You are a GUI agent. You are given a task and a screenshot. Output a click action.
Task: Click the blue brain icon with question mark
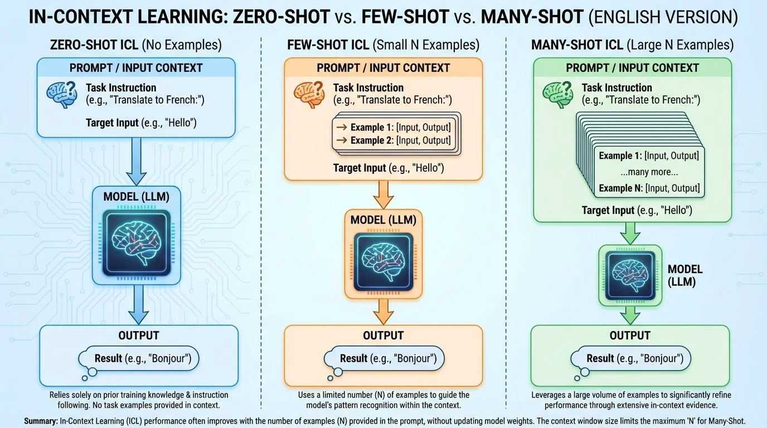60,92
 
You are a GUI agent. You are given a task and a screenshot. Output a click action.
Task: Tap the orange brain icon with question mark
307,92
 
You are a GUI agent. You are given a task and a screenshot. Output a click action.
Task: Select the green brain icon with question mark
556,92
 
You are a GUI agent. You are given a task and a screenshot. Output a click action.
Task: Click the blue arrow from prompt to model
136,162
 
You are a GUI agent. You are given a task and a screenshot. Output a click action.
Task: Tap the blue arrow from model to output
136,304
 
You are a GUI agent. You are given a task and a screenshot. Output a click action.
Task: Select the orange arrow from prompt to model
383,195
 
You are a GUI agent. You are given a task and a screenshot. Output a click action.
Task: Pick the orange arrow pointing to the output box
383,311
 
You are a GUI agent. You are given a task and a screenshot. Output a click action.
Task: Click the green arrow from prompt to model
630,231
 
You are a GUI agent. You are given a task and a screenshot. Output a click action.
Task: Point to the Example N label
621,188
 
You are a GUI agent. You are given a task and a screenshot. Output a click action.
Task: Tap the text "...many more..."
649,172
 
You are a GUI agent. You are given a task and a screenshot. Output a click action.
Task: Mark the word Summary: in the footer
41,421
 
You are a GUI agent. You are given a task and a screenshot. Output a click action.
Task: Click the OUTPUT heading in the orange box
383,335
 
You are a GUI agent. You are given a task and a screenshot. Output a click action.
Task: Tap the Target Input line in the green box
637,211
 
